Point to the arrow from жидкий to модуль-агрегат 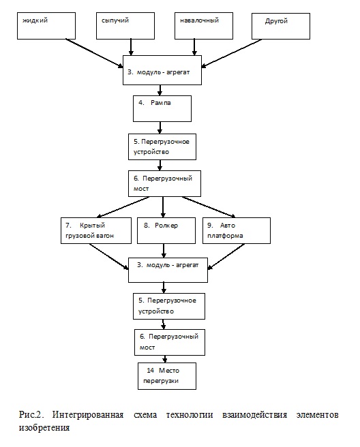click(x=94, y=53)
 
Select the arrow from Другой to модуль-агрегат click(x=231, y=53)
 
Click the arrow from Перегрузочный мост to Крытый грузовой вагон click(x=123, y=207)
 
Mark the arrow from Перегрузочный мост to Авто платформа click(x=209, y=207)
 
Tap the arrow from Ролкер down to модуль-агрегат click(x=164, y=251)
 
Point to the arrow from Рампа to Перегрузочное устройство click(x=160, y=127)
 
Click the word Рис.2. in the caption click(x=31, y=414)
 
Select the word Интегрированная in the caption click(x=88, y=415)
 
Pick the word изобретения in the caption click(x=44, y=428)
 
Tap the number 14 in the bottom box click(x=150, y=370)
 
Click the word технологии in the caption click(x=190, y=415)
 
